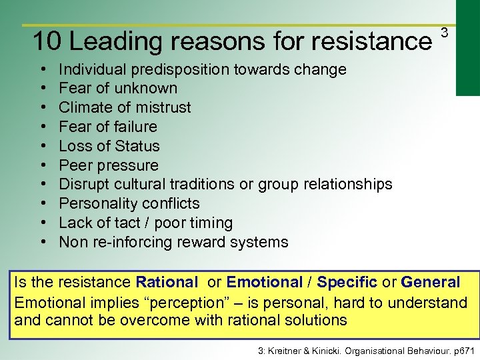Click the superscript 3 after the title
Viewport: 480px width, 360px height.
(445, 33)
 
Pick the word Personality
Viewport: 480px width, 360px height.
(95, 203)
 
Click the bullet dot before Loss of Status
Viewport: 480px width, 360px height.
(43, 146)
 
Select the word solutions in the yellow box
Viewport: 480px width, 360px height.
(314, 320)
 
